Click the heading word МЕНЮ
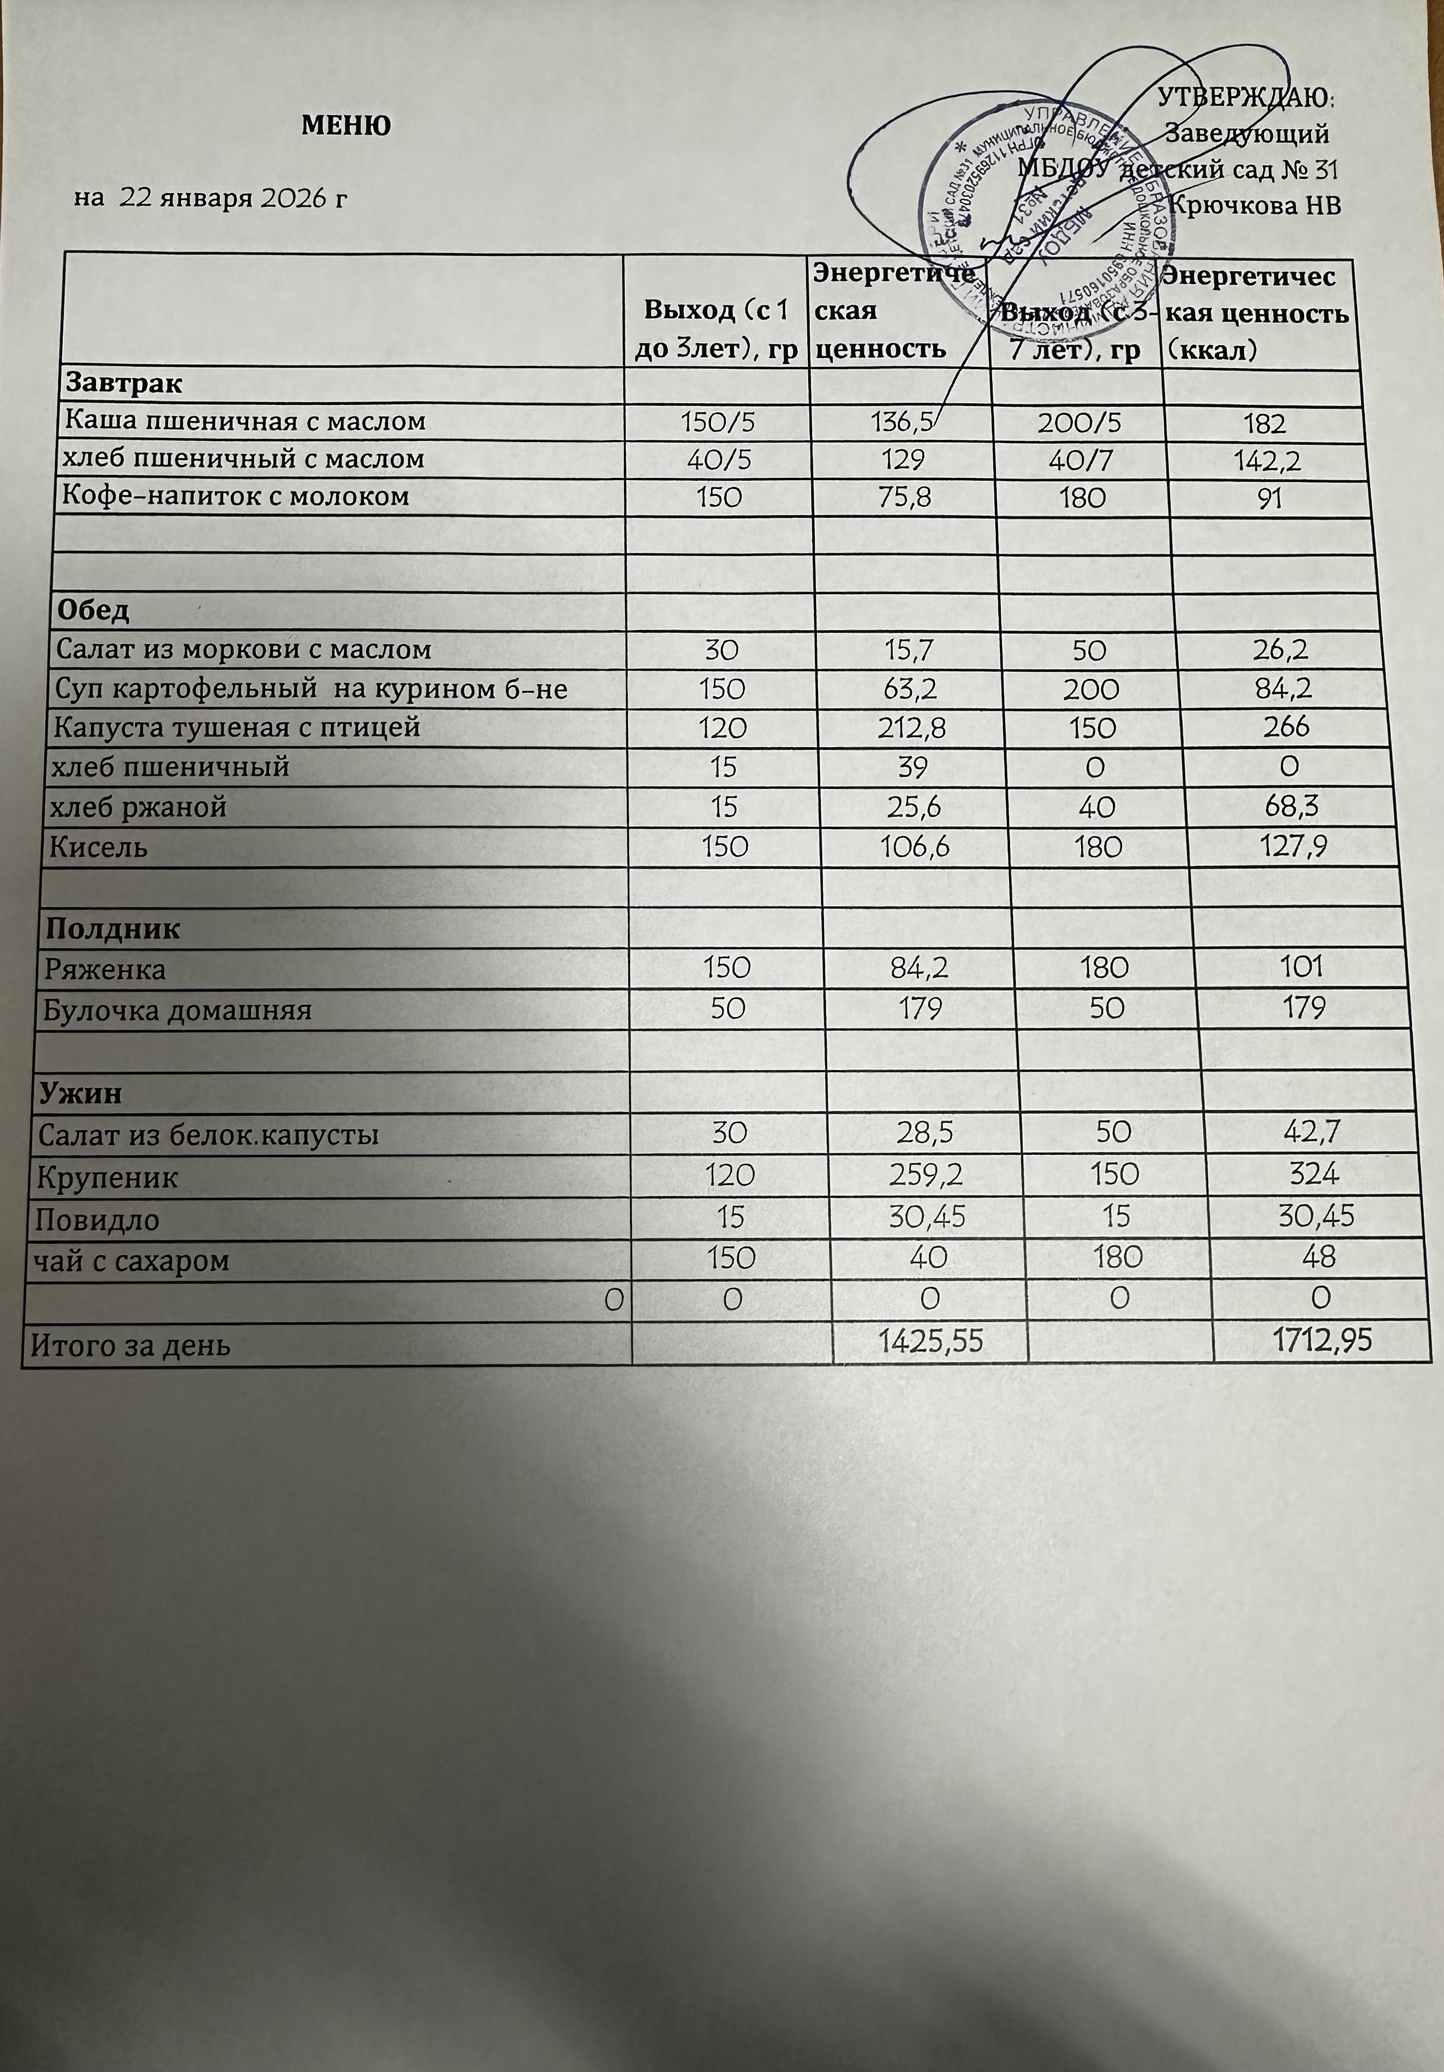tap(345, 125)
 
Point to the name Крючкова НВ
tap(1255, 205)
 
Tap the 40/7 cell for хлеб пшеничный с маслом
tap(1082, 459)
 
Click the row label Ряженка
tap(105, 970)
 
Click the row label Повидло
tap(98, 1220)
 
